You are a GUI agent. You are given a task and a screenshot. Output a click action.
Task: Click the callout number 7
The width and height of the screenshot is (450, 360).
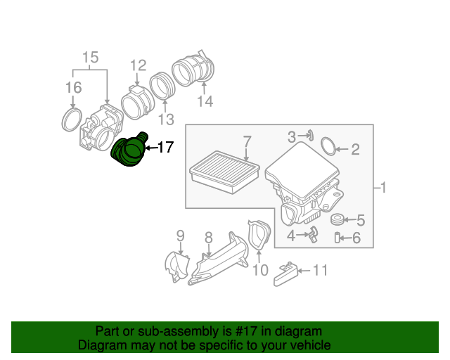click(x=247, y=141)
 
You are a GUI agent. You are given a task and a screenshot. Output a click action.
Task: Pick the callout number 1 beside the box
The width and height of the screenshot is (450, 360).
click(x=383, y=188)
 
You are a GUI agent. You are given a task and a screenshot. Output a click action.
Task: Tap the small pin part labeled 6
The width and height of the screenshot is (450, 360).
click(x=337, y=238)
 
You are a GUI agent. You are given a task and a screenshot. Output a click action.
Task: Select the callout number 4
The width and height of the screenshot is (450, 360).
click(x=290, y=237)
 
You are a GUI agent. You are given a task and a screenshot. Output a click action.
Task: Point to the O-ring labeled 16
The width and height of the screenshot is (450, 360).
click(x=71, y=118)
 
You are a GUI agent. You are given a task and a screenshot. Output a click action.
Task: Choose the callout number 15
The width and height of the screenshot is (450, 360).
click(x=91, y=57)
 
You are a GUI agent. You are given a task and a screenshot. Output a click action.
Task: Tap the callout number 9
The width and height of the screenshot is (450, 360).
click(x=180, y=235)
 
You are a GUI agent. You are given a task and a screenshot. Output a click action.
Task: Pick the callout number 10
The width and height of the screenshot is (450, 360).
click(x=259, y=270)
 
